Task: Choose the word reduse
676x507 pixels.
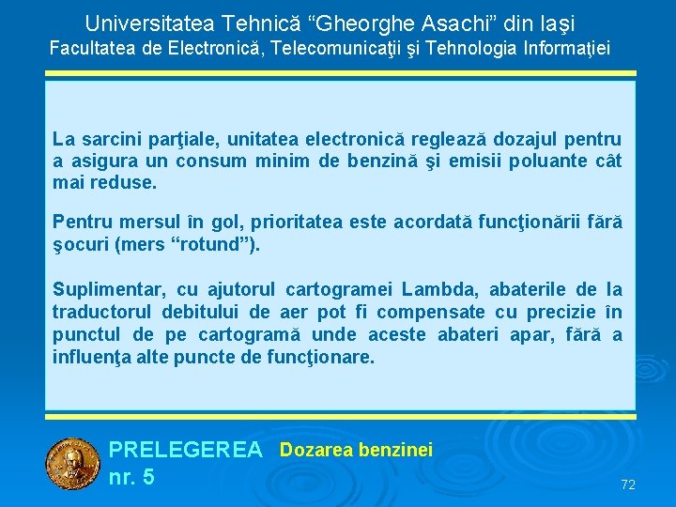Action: coord(122,183)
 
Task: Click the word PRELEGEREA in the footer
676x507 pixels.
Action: coord(186,451)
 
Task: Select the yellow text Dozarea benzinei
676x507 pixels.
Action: coord(356,451)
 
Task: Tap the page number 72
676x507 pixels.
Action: coord(628,484)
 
